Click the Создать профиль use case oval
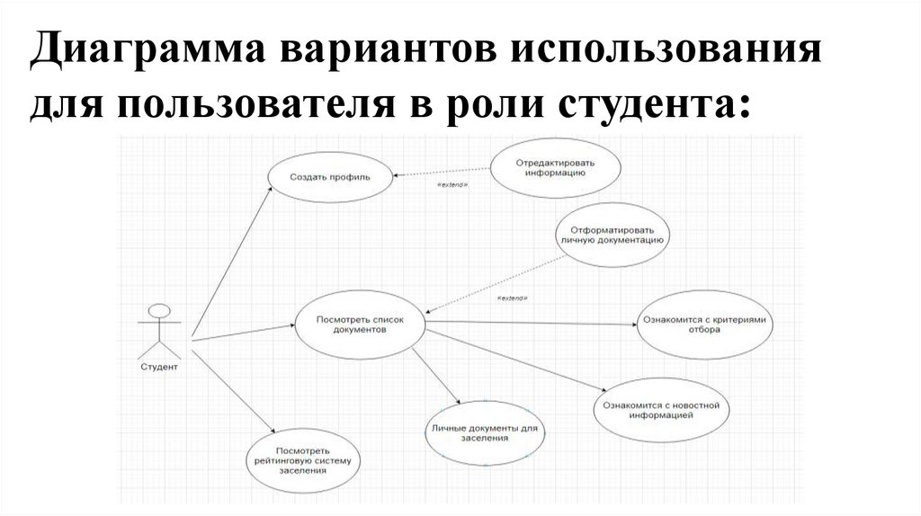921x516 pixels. point(328,177)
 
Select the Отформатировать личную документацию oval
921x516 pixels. point(612,236)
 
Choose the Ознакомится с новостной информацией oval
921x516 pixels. point(661,411)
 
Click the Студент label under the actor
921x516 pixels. point(159,367)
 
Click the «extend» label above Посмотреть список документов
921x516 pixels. point(512,298)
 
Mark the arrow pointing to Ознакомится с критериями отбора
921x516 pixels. point(531,322)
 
